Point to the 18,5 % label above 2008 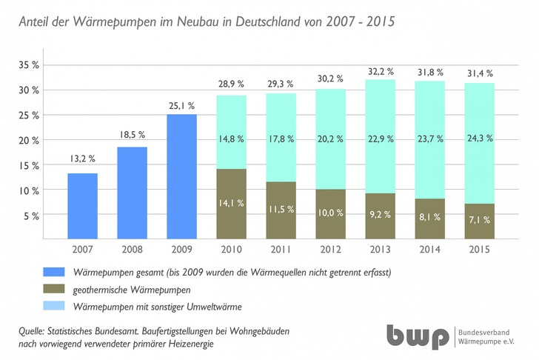132,136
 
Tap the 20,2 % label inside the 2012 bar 330,137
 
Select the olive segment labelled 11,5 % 281,210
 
